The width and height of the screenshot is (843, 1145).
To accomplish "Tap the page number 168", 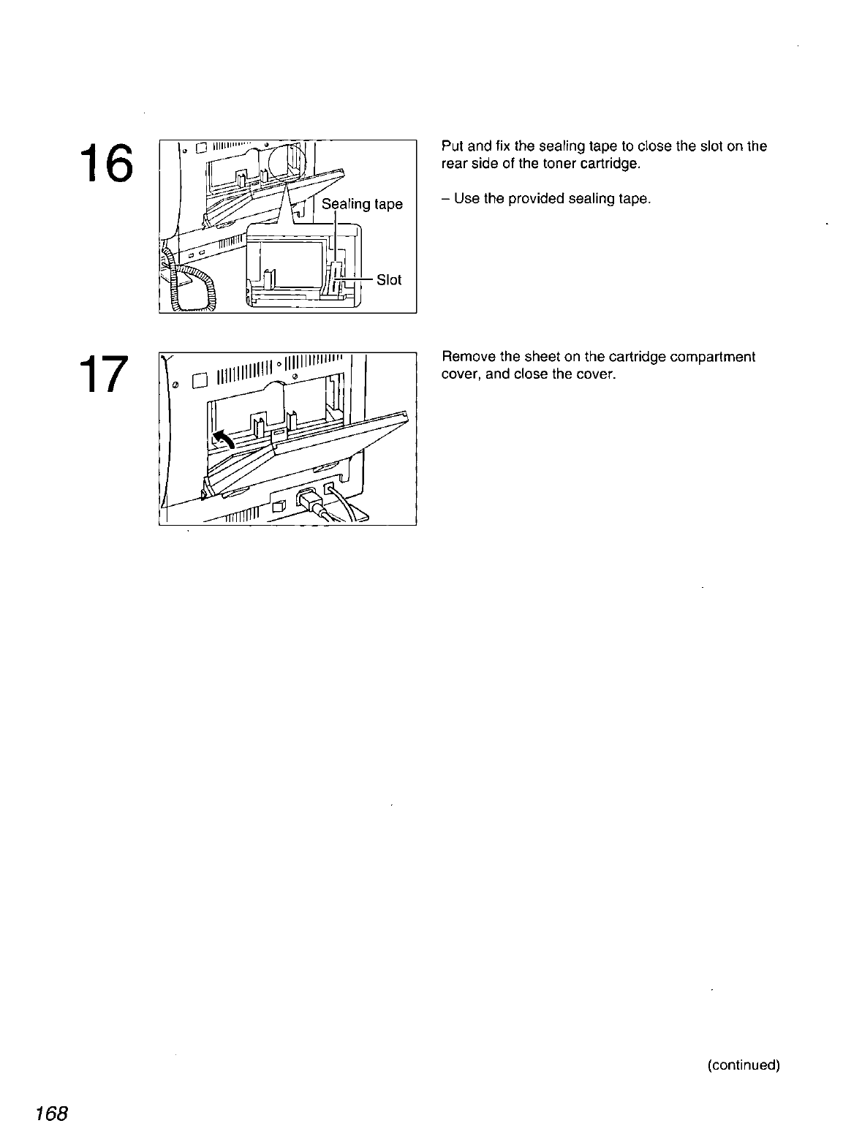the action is click(x=50, y=1114).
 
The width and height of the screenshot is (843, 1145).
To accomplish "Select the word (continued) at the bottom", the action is click(x=744, y=1065).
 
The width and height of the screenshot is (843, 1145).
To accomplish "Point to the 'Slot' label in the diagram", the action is click(x=389, y=280).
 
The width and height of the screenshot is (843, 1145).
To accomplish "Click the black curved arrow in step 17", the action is click(x=222, y=439).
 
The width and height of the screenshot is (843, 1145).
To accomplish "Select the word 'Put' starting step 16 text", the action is click(x=451, y=146).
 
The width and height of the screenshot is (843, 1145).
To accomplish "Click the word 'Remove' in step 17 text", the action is click(x=464, y=358).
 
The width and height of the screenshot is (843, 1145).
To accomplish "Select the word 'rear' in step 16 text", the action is click(x=453, y=163).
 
